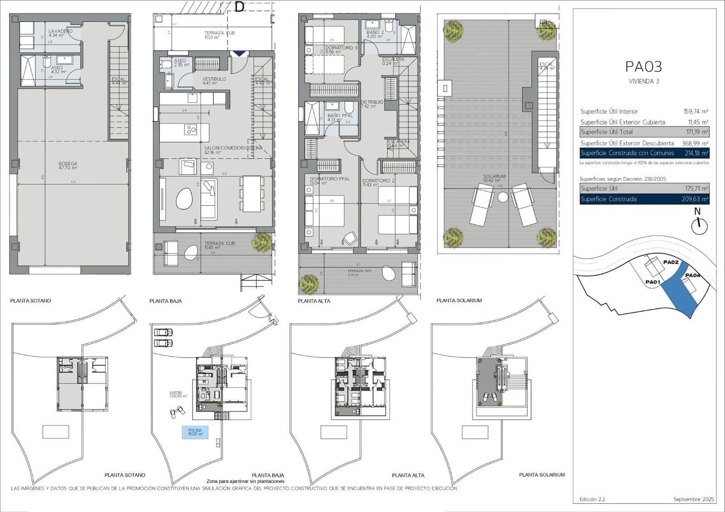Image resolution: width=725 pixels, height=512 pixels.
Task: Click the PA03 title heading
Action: pyautogui.click(x=643, y=67)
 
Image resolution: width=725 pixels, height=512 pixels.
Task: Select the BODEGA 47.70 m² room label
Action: pyautogui.click(x=68, y=165)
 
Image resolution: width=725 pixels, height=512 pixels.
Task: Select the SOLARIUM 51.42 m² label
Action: pyautogui.click(x=494, y=178)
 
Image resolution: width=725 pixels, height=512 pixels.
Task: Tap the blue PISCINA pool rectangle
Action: pyautogui.click(x=195, y=432)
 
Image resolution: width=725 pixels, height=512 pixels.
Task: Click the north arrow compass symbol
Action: pyautogui.click(x=700, y=225)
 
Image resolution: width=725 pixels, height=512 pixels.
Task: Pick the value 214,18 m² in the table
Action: pyautogui.click(x=696, y=153)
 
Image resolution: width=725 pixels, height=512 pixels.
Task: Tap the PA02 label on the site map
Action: pyautogui.click(x=671, y=262)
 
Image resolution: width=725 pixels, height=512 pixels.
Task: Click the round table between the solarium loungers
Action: pyautogui.click(x=503, y=197)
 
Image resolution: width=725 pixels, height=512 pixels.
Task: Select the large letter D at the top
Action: pyautogui.click(x=239, y=7)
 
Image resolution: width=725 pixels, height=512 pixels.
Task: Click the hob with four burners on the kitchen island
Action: pyautogui.click(x=190, y=130)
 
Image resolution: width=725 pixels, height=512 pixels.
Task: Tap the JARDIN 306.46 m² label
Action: pyautogui.click(x=178, y=395)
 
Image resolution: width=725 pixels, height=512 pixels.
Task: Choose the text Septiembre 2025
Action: pyautogui.click(x=693, y=499)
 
